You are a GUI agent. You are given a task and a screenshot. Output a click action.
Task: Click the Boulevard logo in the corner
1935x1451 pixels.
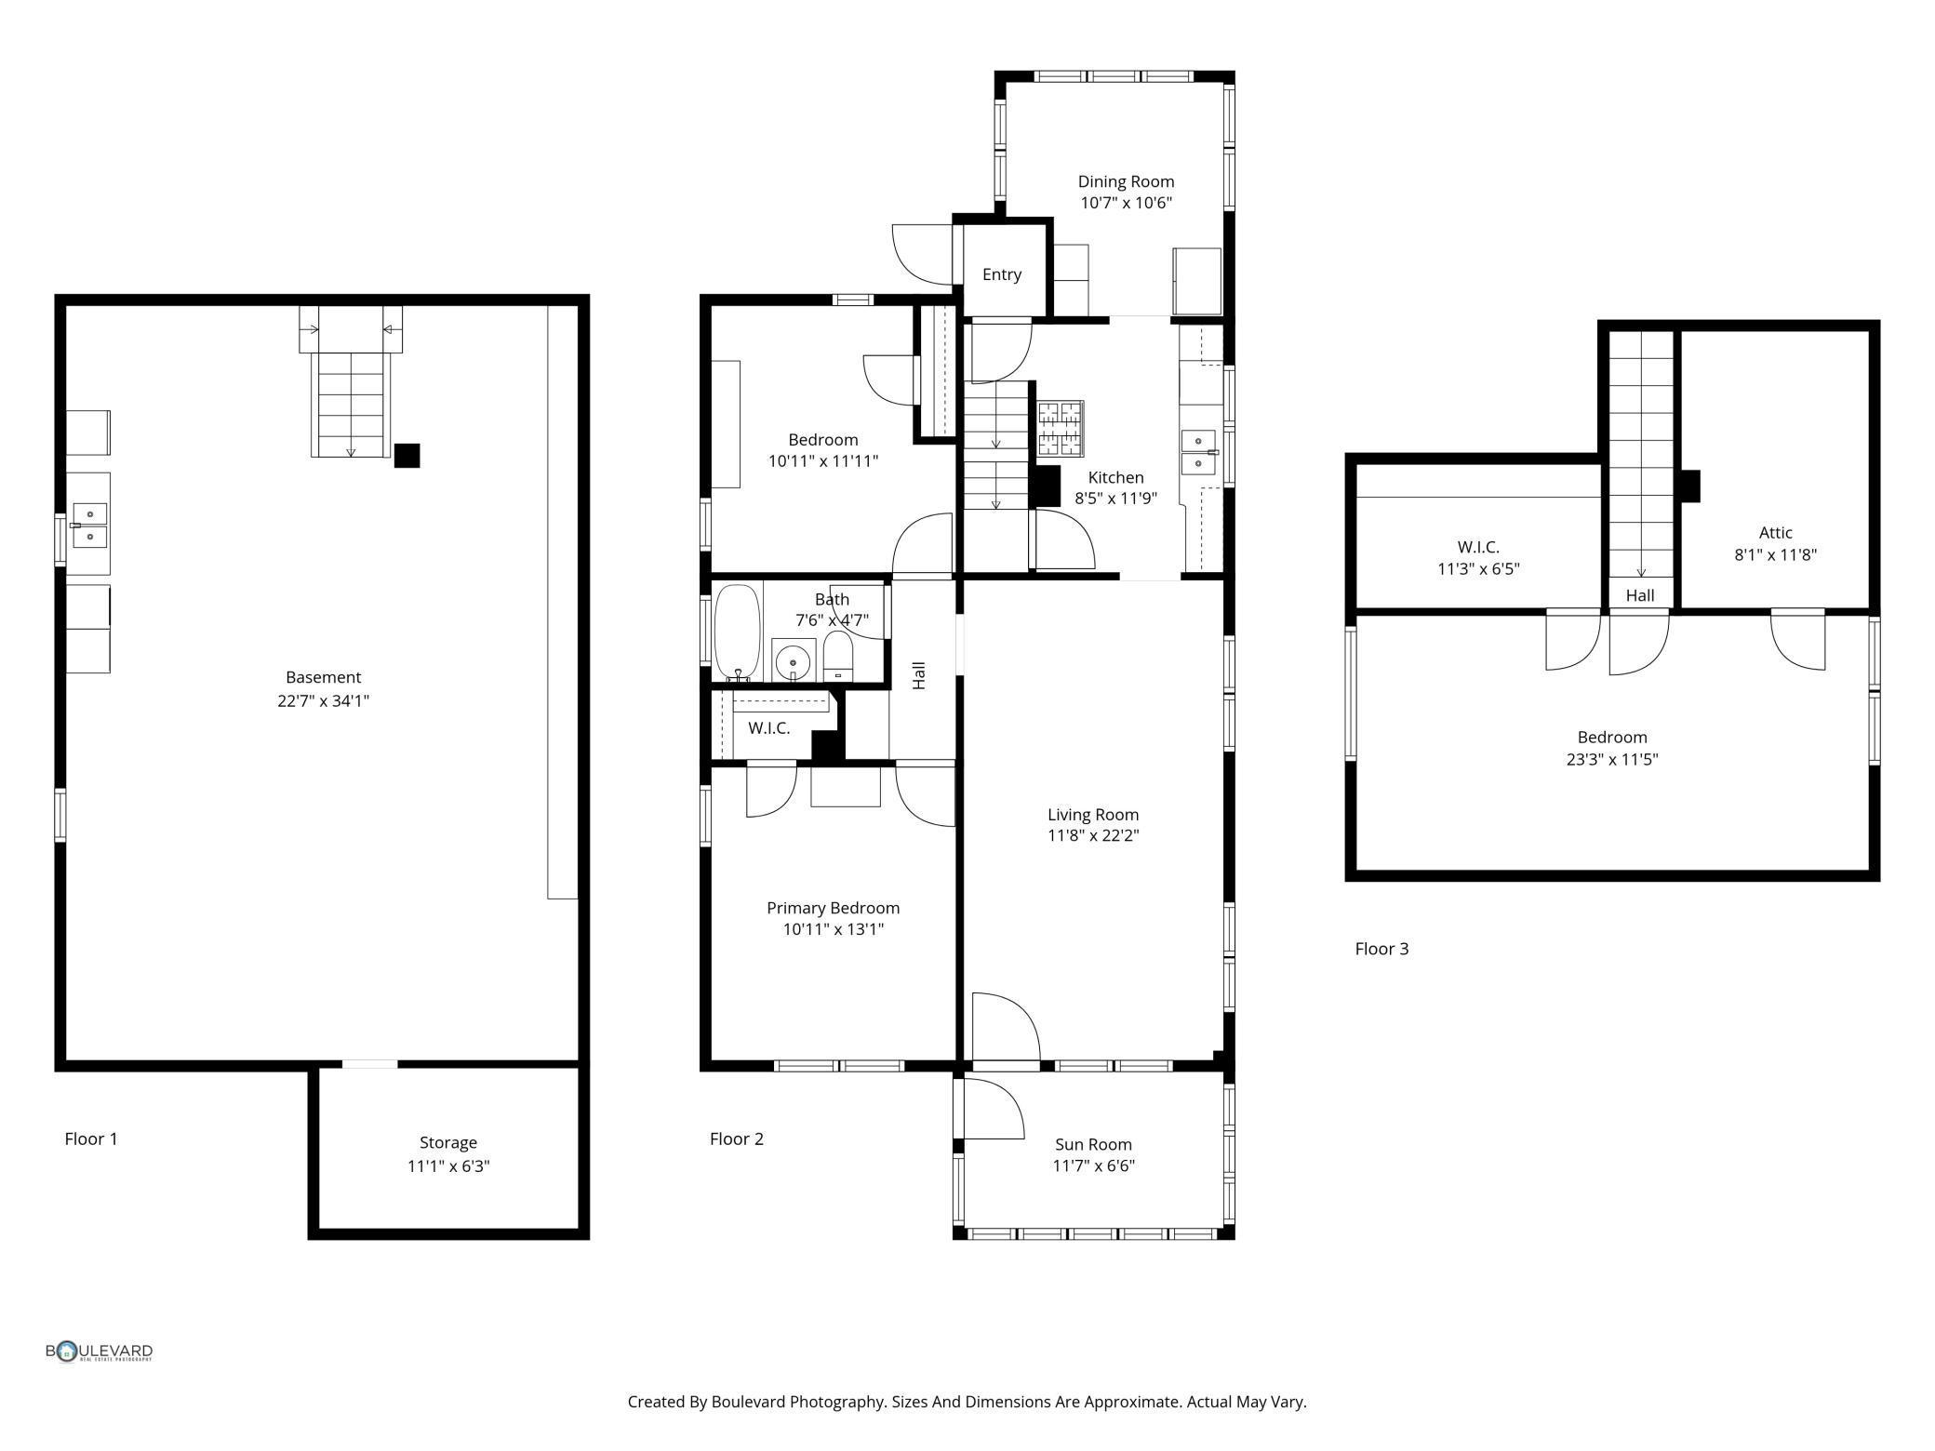(100, 1351)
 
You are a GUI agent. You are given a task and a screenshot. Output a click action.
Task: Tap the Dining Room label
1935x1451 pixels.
(1126, 181)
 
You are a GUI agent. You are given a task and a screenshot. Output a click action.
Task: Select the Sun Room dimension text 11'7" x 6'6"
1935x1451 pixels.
(1093, 1166)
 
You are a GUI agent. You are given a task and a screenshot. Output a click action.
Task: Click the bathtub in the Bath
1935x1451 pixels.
(738, 633)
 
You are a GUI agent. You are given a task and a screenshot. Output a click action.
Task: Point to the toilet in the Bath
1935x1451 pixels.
(838, 656)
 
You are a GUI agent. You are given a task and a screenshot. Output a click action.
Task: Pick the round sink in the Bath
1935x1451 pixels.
(794, 660)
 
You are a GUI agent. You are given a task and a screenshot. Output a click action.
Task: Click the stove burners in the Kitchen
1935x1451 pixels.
(1061, 428)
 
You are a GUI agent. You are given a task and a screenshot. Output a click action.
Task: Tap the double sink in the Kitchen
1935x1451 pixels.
(1198, 451)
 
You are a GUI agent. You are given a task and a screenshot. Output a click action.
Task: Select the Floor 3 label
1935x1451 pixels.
(1381, 949)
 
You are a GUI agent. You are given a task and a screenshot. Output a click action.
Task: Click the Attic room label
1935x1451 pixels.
(1775, 533)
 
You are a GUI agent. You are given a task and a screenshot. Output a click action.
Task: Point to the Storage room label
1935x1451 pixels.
(448, 1142)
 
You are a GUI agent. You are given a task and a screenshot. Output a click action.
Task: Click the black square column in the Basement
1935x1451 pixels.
(407, 456)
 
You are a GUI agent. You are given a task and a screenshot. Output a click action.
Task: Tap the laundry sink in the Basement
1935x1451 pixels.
(90, 525)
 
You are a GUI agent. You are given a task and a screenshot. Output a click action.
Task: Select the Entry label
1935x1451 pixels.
(1002, 274)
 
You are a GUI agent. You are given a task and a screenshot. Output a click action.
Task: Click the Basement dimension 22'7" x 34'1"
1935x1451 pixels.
(323, 700)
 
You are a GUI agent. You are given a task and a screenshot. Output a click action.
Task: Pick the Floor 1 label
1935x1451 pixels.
(91, 1138)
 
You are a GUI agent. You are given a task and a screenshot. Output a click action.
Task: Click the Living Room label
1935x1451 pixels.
(1093, 815)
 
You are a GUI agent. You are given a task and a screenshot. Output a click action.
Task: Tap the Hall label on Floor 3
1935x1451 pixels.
(1640, 595)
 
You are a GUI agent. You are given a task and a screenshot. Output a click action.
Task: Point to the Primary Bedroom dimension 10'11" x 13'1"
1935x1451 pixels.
(834, 929)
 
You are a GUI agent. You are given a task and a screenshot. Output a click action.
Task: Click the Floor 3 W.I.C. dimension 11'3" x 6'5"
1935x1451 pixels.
(1478, 569)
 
